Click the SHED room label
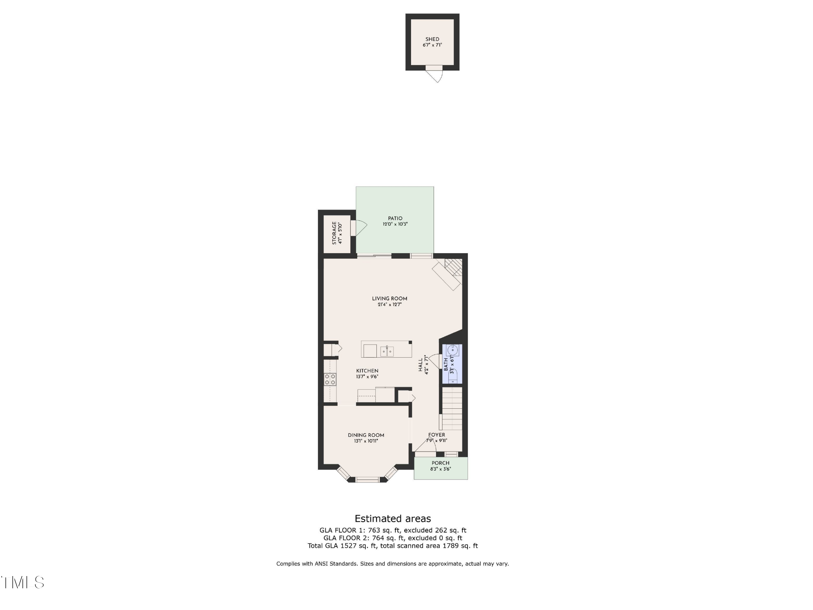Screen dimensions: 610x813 tap(432, 39)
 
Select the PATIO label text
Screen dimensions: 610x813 tap(395, 218)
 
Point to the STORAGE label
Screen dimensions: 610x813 tap(334, 233)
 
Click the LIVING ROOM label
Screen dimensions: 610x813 tap(390, 299)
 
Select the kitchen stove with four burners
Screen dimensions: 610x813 tap(330, 379)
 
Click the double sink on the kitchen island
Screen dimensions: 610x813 tap(387, 351)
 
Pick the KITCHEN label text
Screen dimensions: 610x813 tap(367, 371)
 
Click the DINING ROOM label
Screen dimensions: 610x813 tap(366, 435)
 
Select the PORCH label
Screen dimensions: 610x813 tap(440, 463)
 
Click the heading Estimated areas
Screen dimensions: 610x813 tap(392, 519)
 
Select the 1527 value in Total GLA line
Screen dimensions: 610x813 tap(349, 546)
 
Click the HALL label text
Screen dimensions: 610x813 tap(421, 365)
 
